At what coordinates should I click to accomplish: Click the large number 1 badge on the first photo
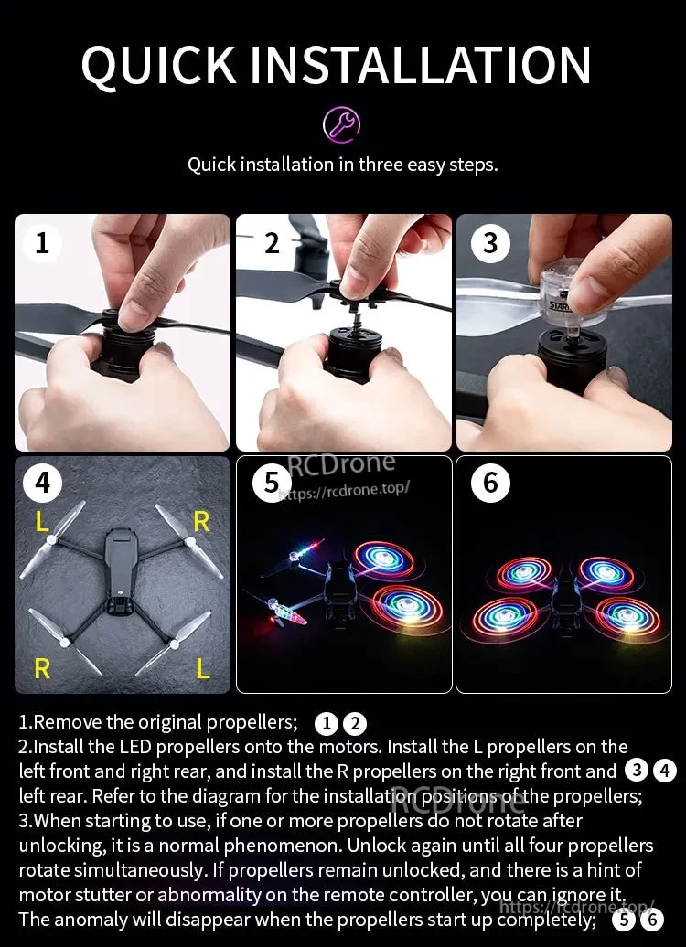point(42,242)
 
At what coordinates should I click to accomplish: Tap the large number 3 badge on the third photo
point(490,242)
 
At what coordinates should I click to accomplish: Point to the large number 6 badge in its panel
point(490,482)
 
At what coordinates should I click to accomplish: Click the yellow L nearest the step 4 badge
point(42,522)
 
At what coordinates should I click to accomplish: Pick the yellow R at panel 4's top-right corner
point(201,521)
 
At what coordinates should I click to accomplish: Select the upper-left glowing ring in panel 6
point(525,574)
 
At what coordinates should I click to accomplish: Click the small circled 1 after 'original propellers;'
point(327,724)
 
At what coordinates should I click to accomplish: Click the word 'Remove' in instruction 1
point(65,723)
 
